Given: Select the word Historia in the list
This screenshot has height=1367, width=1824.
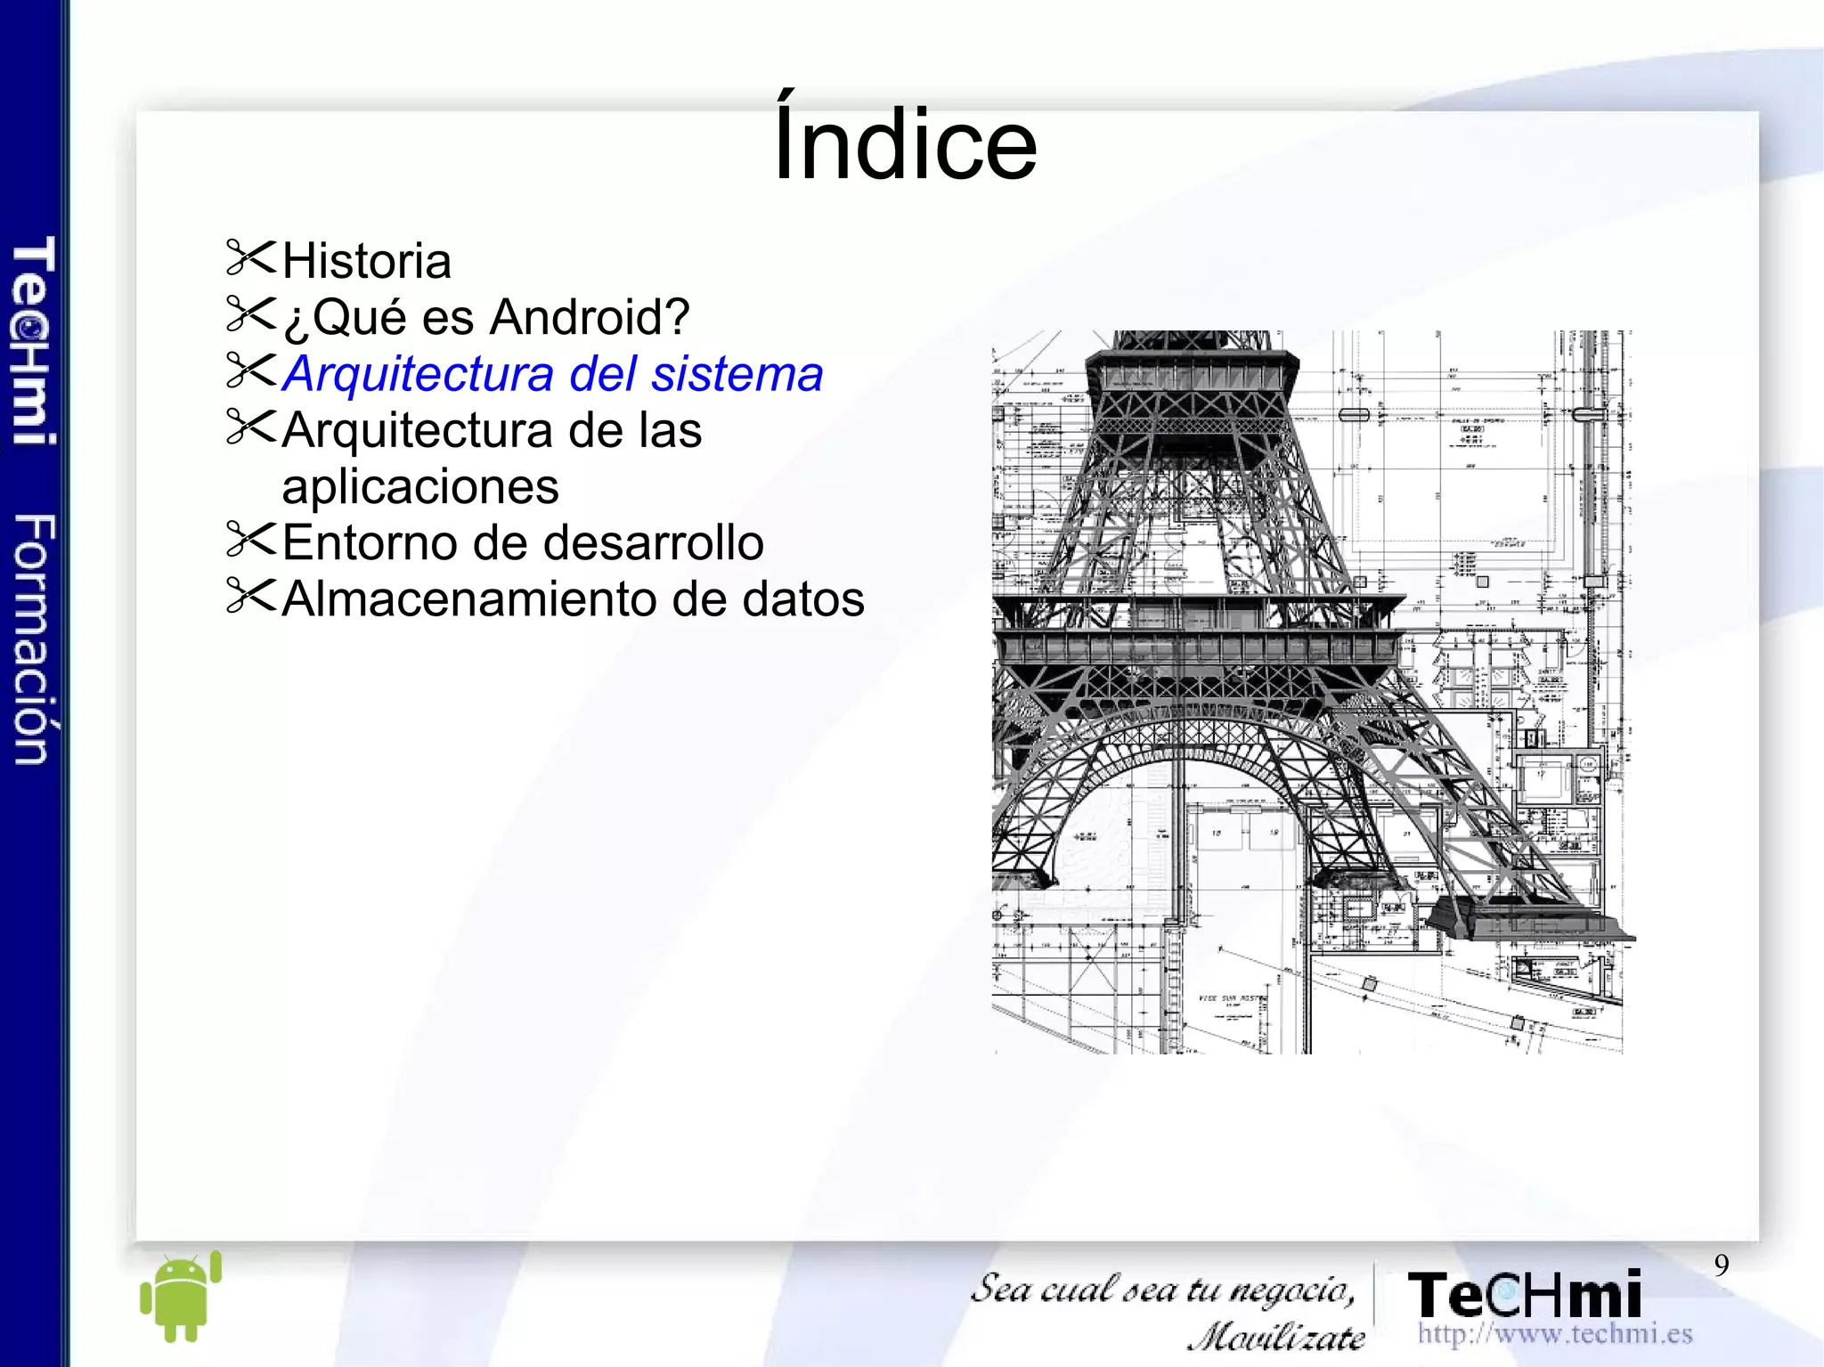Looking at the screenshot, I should [x=366, y=261].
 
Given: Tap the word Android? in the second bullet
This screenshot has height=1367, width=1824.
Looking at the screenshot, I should [x=590, y=317].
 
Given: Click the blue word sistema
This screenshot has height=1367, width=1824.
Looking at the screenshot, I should [x=737, y=374].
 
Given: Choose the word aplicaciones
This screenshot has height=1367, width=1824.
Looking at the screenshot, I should [x=420, y=487].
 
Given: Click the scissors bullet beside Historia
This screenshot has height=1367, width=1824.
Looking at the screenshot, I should [x=251, y=257].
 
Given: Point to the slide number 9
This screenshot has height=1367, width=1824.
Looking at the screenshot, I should [x=1722, y=1265].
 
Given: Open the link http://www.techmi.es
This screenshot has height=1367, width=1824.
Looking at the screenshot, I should [x=1555, y=1334].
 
